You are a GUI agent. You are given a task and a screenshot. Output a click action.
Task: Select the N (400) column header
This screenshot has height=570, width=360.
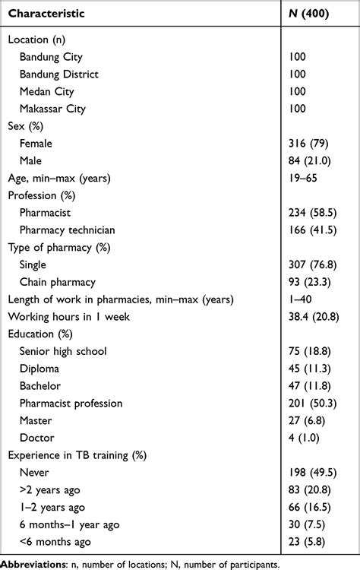pos(311,14)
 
